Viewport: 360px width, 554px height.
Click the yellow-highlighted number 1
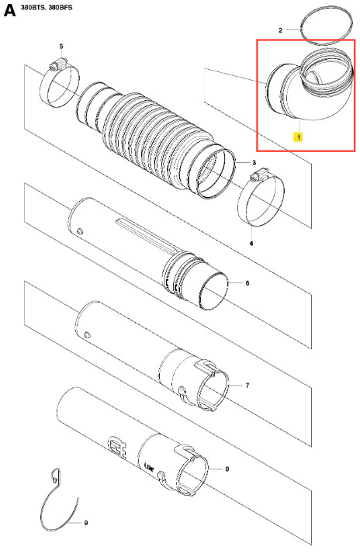click(x=299, y=137)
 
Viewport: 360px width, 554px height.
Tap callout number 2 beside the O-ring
click(x=281, y=30)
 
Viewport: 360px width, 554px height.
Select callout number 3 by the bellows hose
click(x=254, y=162)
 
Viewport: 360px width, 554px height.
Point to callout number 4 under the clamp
click(x=251, y=244)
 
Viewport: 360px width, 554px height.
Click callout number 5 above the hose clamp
click(x=61, y=47)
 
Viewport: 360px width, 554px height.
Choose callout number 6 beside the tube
click(x=247, y=283)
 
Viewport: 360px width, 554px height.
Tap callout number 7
click(x=247, y=385)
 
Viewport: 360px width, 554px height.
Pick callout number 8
click(x=227, y=469)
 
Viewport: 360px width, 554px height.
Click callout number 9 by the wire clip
click(x=86, y=523)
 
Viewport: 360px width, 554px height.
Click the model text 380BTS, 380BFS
click(x=47, y=7)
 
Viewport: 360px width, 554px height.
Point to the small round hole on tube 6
click(x=80, y=231)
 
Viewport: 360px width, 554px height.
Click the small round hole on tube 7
click(x=87, y=334)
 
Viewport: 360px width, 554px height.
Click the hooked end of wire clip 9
click(x=55, y=475)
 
